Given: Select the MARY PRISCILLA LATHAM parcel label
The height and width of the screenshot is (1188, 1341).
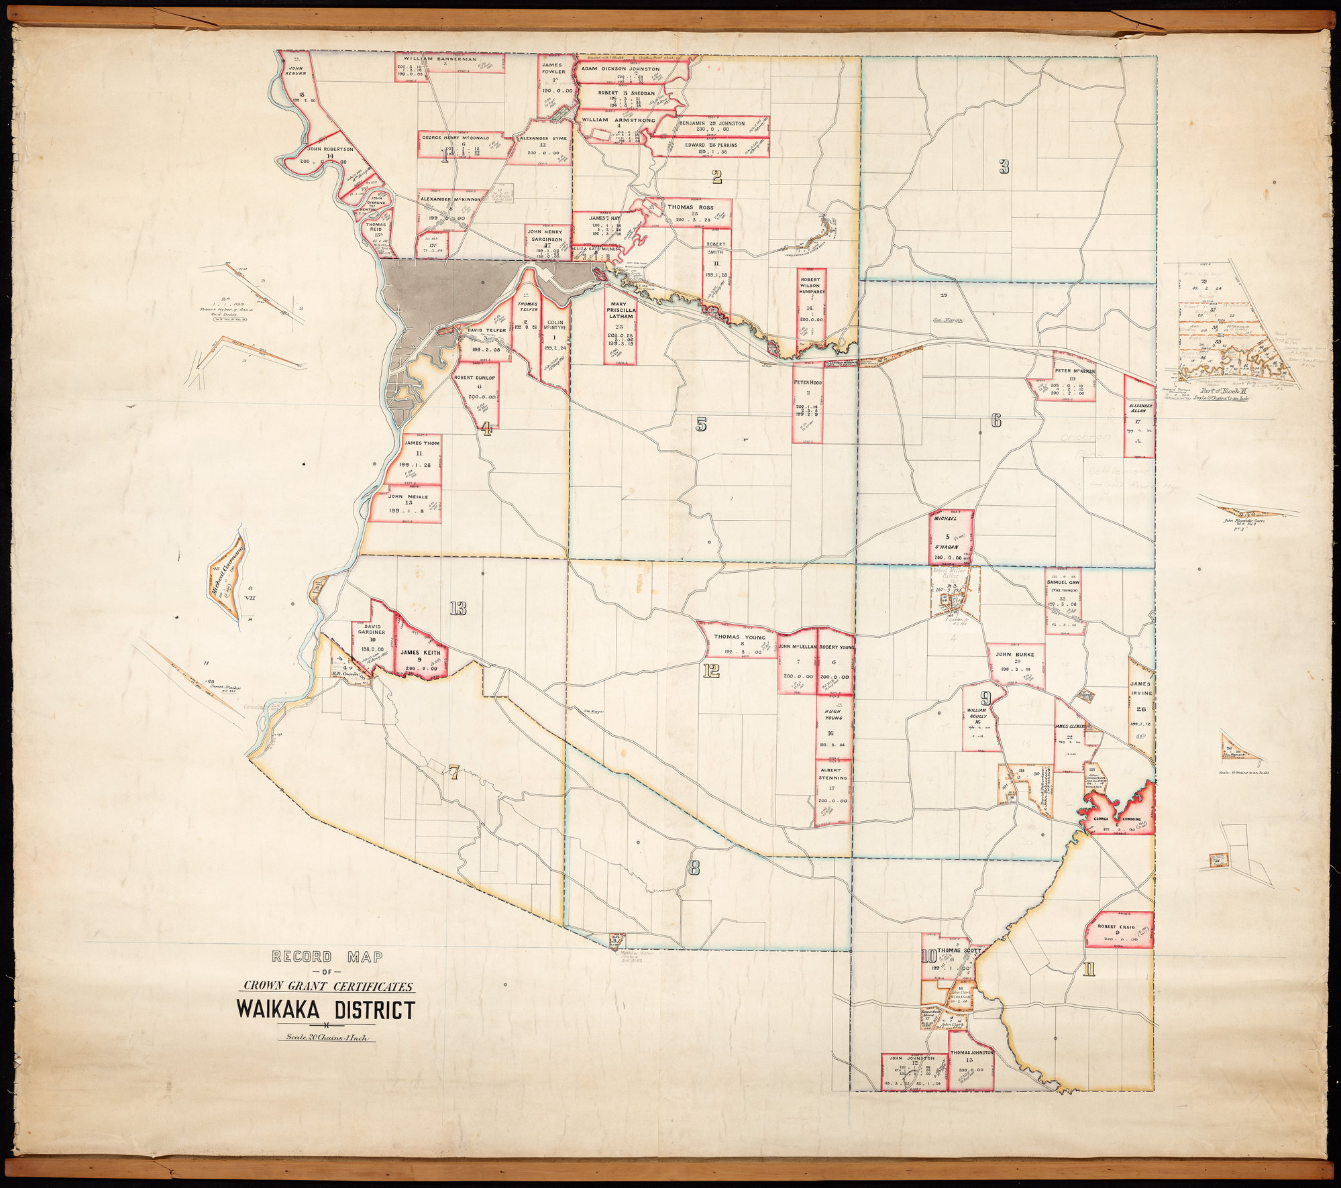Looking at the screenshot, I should click(620, 311).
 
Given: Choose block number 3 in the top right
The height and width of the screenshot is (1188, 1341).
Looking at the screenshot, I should click(1004, 167).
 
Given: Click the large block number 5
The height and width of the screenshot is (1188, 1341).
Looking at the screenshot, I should click(701, 424).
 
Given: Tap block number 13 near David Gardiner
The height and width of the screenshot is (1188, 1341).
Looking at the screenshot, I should click(458, 608).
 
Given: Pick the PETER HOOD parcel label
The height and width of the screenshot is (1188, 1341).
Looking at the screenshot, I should click(808, 382).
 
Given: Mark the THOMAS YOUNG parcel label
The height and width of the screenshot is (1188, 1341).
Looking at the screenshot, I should click(739, 637).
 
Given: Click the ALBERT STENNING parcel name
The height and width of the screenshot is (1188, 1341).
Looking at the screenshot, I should click(833, 773).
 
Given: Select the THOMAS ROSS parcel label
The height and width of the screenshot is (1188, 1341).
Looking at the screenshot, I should click(690, 208).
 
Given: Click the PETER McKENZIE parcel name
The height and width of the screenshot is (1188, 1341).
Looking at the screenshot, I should click(1075, 370).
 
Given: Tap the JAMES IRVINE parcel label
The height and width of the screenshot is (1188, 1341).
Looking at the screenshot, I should click(1140, 688).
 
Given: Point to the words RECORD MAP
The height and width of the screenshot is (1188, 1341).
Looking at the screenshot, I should click(327, 957).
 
